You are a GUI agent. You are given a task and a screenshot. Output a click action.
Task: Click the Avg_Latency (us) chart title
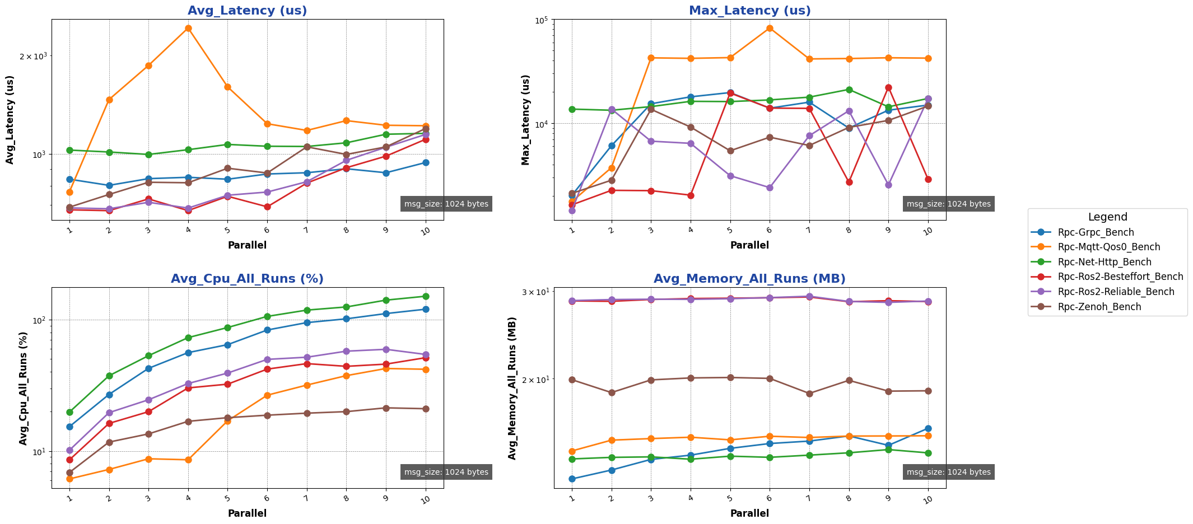[247, 11]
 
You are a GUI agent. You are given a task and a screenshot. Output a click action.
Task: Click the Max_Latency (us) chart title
[749, 11]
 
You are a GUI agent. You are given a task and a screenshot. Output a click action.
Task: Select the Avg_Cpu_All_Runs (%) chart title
[247, 279]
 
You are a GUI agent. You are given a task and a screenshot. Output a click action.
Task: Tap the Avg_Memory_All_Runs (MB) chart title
[749, 279]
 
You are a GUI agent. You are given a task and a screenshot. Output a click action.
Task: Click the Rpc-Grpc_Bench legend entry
[1096, 232]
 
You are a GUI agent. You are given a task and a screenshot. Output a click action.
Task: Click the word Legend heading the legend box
[1107, 217]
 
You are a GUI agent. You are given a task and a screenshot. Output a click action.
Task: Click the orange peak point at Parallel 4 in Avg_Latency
[188, 28]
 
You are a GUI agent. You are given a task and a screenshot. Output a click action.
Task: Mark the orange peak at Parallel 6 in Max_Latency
[770, 28]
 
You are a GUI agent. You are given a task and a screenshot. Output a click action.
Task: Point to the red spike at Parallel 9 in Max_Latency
[888, 87]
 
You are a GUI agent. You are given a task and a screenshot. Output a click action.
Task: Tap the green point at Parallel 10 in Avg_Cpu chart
[426, 296]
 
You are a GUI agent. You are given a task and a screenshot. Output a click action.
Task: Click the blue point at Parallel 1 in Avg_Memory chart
[572, 479]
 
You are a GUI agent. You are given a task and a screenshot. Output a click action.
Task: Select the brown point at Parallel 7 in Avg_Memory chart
[809, 394]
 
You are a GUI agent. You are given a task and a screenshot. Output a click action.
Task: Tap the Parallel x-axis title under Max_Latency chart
[749, 245]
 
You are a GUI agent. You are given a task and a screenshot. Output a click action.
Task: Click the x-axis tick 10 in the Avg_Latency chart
[426, 231]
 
